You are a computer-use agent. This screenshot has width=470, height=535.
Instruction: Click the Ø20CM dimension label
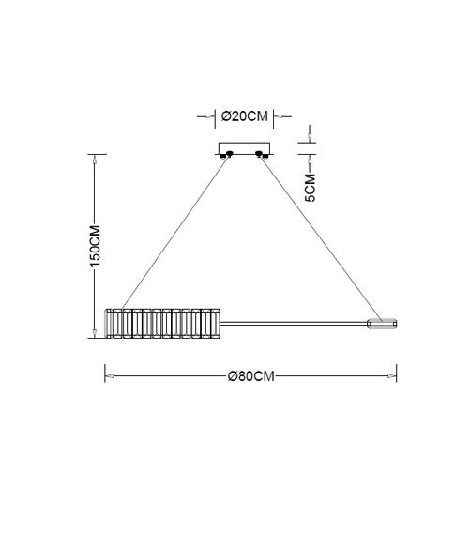(244, 116)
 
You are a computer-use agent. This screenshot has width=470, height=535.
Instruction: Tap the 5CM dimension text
(310, 188)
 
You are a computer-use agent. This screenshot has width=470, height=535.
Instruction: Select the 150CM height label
(95, 246)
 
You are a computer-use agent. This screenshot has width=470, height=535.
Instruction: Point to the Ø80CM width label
(250, 376)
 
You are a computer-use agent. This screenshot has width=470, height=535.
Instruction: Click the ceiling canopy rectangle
(244, 148)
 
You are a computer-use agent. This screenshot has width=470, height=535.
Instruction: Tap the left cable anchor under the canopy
(227, 155)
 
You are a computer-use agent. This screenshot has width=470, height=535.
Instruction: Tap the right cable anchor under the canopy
(262, 155)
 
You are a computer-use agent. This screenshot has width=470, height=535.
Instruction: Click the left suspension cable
(174, 234)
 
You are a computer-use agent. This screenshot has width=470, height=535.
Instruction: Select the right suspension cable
(321, 238)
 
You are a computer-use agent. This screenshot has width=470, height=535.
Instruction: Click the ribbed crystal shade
(162, 324)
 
